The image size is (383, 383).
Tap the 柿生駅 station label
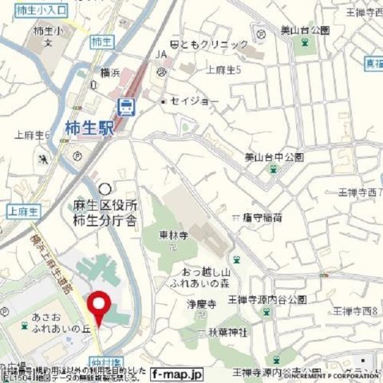90,126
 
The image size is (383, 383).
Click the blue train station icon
125,106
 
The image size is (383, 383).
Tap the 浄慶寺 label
203,305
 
